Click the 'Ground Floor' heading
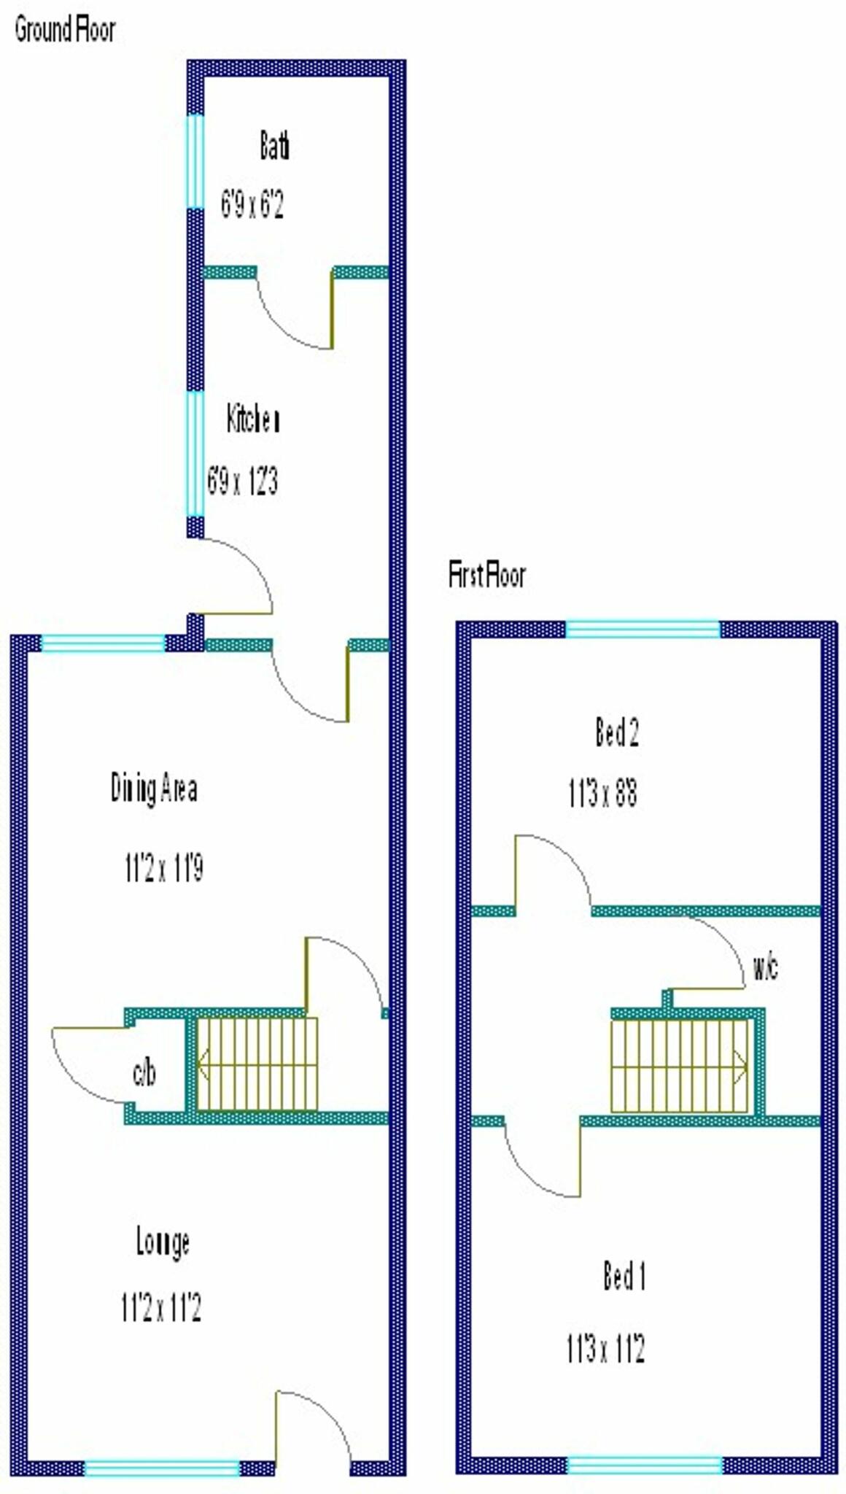pyautogui.click(x=65, y=31)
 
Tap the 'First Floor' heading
pyautogui.click(x=486, y=576)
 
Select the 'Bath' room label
pyautogui.click(x=274, y=145)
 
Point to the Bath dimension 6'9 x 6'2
pyautogui.click(x=252, y=204)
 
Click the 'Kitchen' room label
pyautogui.click(x=253, y=419)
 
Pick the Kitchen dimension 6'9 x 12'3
pyautogui.click(x=243, y=481)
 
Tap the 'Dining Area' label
pyautogui.click(x=154, y=789)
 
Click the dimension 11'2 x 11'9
pyautogui.click(x=164, y=868)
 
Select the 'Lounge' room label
pyautogui.click(x=163, y=1242)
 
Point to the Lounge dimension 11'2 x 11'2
pyautogui.click(x=161, y=1308)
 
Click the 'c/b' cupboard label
pyautogui.click(x=144, y=1072)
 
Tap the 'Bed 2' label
pyautogui.click(x=617, y=732)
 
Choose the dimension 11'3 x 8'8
pyautogui.click(x=603, y=793)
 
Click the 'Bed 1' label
pyautogui.click(x=624, y=1277)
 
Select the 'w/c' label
pyautogui.click(x=765, y=967)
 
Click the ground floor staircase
pyautogui.click(x=257, y=1064)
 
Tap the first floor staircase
pyautogui.click(x=679, y=1066)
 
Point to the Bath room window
pyautogui.click(x=195, y=161)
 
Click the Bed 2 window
pyautogui.click(x=643, y=629)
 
